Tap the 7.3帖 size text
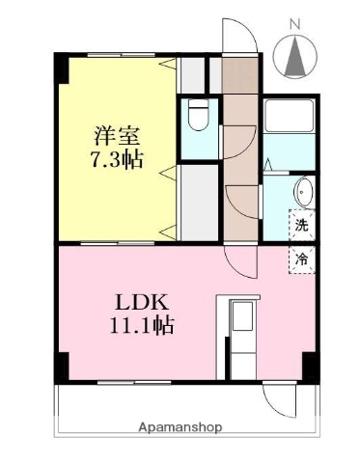tap(117, 159)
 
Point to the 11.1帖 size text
tap(141, 325)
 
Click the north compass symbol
tap(294, 58)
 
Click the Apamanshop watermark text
tap(180, 426)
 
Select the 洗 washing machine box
tap(302, 227)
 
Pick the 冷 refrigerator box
tap(302, 258)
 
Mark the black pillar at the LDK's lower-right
tap(310, 368)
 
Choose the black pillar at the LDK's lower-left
tap(62, 368)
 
